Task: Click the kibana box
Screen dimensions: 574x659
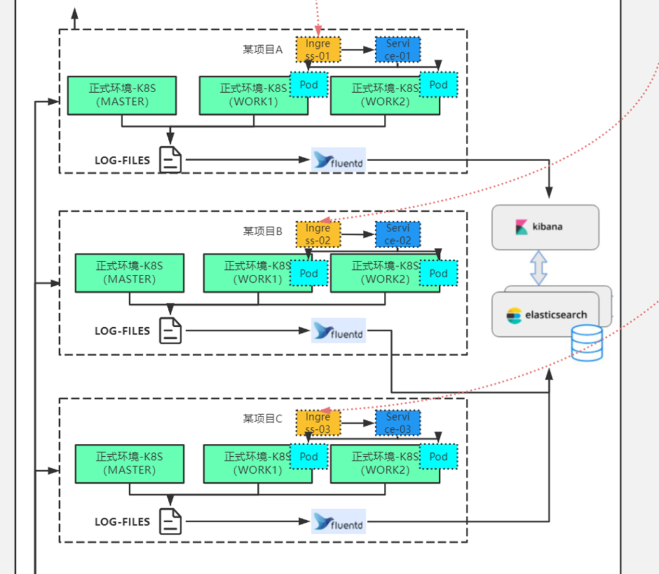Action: click(545, 227)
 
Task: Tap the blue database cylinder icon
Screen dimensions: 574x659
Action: click(586, 343)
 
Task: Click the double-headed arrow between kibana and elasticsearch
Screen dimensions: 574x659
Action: click(538, 267)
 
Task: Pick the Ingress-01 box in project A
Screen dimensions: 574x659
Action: click(318, 49)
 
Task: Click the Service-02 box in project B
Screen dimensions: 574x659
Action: click(397, 234)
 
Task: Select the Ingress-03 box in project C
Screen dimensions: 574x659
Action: click(318, 423)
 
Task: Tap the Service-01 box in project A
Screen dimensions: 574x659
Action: click(397, 49)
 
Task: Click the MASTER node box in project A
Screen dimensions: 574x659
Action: click(122, 95)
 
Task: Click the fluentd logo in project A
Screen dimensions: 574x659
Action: click(339, 160)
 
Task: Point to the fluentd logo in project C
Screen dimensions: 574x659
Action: click(339, 521)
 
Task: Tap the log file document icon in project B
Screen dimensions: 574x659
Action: click(171, 330)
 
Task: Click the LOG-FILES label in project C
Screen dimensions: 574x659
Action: click(122, 522)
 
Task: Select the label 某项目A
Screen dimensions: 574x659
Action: click(262, 49)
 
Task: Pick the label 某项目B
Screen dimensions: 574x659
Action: click(262, 231)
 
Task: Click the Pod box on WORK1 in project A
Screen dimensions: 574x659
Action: click(309, 85)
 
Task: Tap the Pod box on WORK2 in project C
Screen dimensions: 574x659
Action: click(439, 457)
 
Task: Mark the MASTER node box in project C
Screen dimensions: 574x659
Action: click(129, 464)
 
